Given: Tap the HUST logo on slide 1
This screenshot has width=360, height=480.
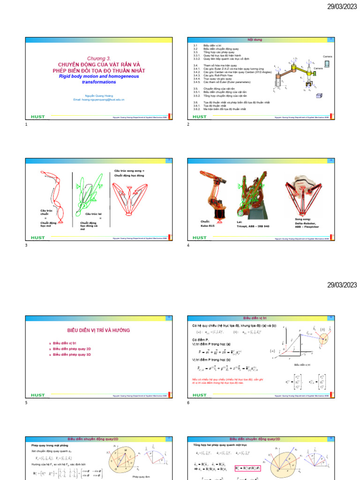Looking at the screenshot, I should (37, 117).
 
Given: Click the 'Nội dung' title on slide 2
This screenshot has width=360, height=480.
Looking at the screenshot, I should (260, 39).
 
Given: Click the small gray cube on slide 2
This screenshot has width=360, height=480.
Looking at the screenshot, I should (320, 96).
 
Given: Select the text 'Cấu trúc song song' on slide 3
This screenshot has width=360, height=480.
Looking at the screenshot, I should (129, 171).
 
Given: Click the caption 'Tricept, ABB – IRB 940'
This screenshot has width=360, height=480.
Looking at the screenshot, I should (253, 225).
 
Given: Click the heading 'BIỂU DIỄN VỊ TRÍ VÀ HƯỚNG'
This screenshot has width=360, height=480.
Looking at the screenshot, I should (97, 330).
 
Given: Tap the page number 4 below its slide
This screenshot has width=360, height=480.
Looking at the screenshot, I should (188, 245).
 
